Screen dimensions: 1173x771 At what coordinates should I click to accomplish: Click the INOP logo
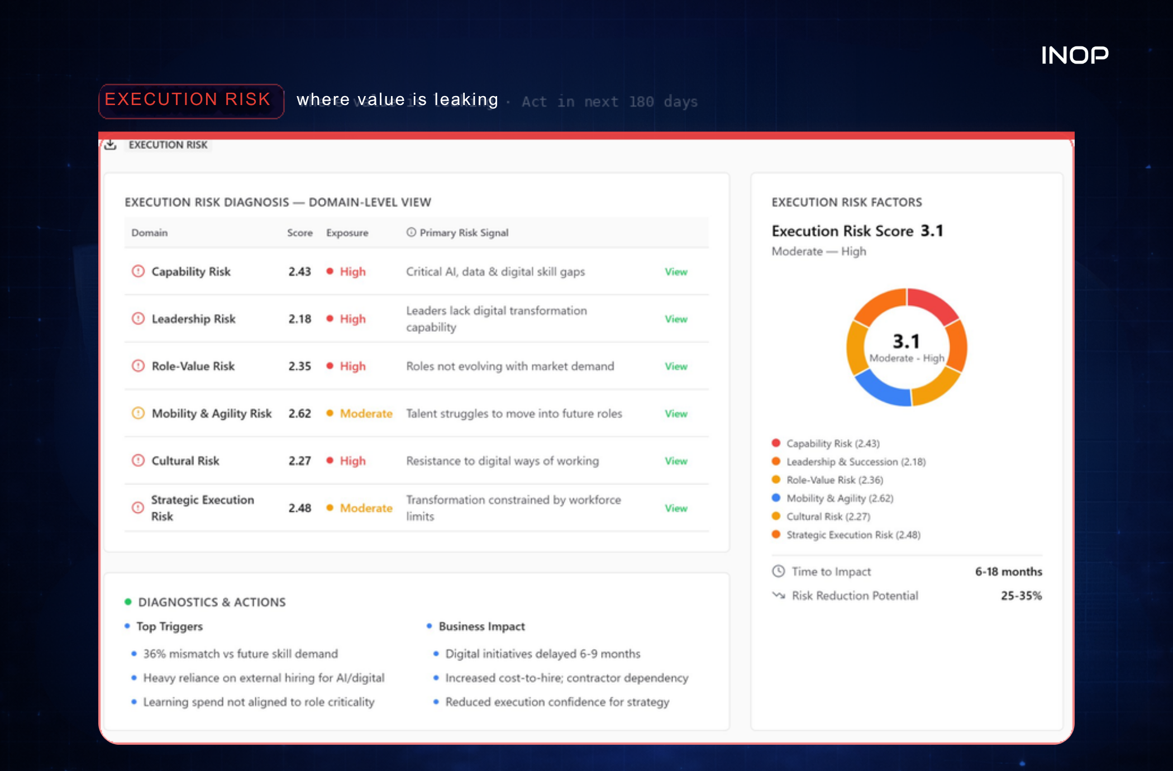point(1075,55)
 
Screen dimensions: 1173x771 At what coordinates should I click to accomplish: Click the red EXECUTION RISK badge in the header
point(191,101)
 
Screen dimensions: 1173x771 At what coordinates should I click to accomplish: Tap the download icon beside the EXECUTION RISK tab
point(111,145)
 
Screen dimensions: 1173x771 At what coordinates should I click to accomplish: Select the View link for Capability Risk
point(676,272)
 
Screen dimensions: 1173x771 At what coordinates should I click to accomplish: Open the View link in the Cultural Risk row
point(676,461)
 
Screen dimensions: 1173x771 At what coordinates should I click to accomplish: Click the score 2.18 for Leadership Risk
point(300,319)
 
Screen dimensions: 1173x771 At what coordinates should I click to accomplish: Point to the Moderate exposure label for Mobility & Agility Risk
point(366,413)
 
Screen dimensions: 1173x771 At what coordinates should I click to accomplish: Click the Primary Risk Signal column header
point(464,232)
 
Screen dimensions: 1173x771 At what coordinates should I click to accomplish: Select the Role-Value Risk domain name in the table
point(193,366)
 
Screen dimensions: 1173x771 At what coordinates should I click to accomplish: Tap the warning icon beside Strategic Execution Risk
point(138,508)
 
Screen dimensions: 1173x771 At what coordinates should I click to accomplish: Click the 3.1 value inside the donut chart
point(906,341)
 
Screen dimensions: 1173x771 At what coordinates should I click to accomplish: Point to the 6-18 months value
point(1009,572)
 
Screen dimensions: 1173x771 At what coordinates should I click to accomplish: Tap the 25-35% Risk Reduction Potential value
point(1022,596)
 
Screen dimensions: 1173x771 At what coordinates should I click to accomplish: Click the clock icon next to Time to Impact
point(779,571)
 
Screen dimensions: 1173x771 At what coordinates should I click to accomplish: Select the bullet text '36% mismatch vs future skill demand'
point(241,654)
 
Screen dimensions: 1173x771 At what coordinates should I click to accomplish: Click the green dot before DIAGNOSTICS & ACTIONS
point(128,602)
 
